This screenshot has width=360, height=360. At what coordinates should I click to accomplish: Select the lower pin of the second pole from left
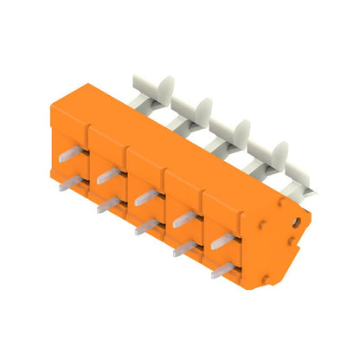point(110,205)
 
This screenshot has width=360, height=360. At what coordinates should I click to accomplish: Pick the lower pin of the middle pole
point(147,227)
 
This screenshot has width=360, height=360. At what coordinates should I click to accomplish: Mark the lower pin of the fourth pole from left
point(185,248)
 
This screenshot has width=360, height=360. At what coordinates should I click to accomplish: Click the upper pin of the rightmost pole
point(223,240)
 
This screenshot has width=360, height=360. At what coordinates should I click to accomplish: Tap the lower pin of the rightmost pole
point(223,270)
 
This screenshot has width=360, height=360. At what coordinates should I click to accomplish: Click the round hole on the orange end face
point(296,222)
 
